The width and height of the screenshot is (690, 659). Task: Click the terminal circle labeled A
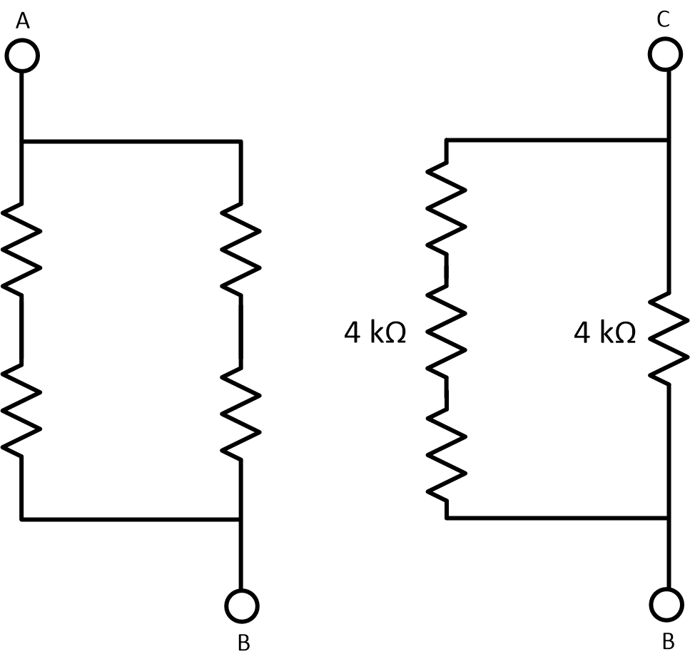(x=22, y=55)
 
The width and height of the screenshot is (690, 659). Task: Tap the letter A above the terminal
(x=23, y=22)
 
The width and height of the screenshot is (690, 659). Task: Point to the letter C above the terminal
(x=664, y=20)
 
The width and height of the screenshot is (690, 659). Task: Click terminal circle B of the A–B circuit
(x=241, y=606)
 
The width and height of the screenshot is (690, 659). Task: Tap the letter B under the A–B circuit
(x=243, y=643)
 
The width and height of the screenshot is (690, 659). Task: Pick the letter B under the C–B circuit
(x=669, y=642)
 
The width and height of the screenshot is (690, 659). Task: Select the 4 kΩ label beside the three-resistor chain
(x=375, y=333)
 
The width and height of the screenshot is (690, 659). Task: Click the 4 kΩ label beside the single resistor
(x=604, y=333)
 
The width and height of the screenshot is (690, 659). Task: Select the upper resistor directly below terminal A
(x=22, y=250)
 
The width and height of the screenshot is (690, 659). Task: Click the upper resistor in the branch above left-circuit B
(x=241, y=250)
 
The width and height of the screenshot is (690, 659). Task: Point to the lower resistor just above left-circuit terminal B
(x=241, y=410)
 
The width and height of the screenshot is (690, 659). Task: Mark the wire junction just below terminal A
(x=22, y=142)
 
